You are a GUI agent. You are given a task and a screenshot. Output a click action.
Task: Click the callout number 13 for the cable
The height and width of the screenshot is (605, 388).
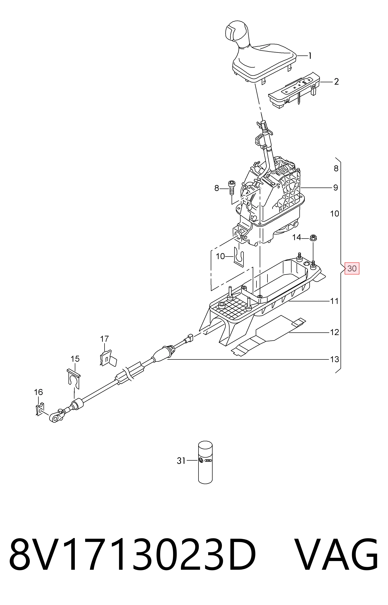(334, 359)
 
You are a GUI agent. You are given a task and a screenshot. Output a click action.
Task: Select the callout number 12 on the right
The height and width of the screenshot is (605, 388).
(334, 332)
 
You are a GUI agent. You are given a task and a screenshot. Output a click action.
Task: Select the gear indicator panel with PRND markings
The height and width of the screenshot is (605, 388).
(294, 90)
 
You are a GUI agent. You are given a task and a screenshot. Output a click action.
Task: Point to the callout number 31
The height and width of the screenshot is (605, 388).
(181, 461)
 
